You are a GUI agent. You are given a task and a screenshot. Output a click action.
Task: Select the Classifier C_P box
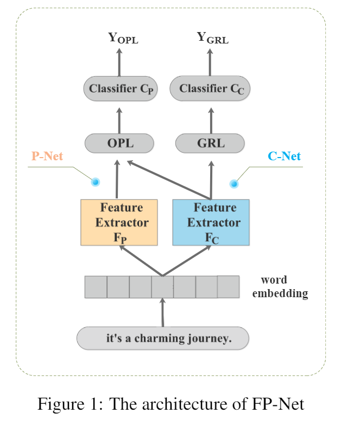coord(120,89)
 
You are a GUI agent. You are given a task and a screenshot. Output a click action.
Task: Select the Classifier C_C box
coord(211,89)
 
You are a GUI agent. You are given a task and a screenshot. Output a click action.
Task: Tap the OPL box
coord(119,143)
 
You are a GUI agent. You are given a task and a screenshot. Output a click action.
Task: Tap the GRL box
coord(210,143)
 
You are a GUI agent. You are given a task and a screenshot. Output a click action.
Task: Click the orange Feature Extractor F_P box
coord(119,222)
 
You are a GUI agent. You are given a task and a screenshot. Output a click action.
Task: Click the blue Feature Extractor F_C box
coord(211,222)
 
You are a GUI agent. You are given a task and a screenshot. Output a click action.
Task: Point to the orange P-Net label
coord(47,156)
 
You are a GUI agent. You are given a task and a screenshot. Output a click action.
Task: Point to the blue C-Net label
coord(284,156)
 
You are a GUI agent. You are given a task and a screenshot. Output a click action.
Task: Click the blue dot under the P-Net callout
coord(96,181)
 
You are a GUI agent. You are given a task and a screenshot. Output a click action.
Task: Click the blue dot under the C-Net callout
coord(234,184)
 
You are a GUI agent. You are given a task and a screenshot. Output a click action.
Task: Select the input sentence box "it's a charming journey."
coord(163,339)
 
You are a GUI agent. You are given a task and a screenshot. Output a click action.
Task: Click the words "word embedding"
coord(280,287)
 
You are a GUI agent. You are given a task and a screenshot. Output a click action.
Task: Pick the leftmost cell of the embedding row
coord(96,287)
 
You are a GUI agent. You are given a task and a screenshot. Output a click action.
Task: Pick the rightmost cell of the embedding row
coord(228,286)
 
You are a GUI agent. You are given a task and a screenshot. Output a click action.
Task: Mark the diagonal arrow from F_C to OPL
coord(168,180)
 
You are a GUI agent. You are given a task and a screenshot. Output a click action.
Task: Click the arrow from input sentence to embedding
coord(162,313)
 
